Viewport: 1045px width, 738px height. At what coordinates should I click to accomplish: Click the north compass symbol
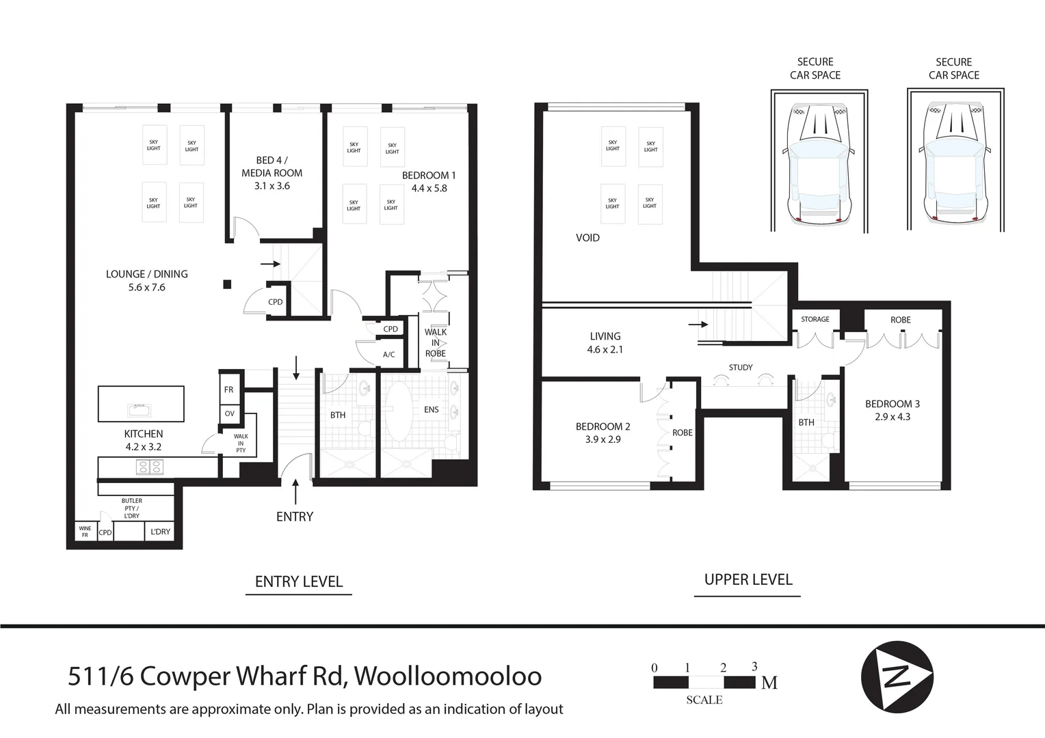point(897,677)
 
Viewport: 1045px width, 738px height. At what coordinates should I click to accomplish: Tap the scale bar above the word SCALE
point(704,682)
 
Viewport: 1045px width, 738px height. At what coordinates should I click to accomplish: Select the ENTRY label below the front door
point(295,517)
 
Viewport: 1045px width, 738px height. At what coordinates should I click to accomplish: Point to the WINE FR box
point(86,532)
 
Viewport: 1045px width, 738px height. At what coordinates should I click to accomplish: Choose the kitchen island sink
point(139,410)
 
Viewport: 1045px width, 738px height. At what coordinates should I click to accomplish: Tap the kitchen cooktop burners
point(150,467)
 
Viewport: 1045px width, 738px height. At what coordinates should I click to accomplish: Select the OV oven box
point(230,414)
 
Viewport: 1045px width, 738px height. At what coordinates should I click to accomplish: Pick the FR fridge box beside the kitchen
point(229,389)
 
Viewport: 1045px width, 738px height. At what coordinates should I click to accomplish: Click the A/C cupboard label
point(389,355)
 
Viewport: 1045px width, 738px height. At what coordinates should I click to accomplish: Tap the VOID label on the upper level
point(588,238)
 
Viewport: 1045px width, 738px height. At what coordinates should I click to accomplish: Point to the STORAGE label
point(815,319)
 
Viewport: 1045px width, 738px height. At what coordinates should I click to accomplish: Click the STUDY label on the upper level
point(741,368)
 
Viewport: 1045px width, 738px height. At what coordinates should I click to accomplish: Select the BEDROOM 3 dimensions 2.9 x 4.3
point(892,417)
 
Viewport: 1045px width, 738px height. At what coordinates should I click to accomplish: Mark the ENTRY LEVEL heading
point(299,582)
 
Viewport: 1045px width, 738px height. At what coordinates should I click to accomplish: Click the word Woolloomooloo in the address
point(448,676)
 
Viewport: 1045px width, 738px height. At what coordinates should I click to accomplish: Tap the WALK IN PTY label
point(241,443)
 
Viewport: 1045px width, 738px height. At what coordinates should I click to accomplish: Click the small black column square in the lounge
point(227,284)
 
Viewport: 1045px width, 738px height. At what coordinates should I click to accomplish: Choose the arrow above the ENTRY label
point(295,491)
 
